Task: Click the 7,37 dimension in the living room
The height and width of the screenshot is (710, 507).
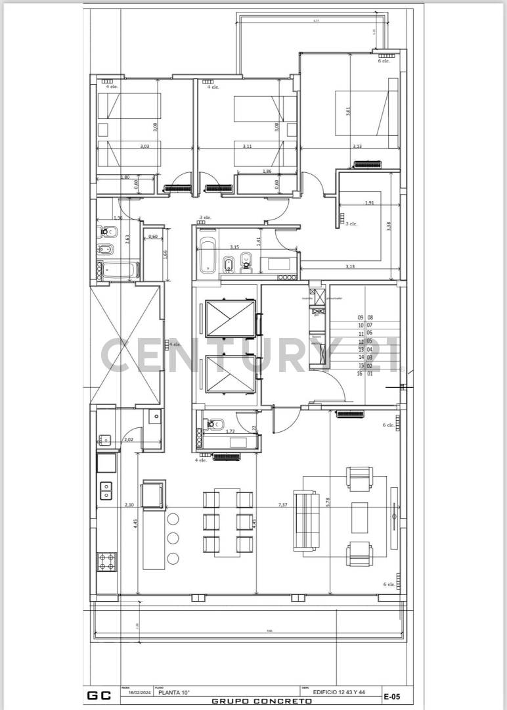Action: coord(283,504)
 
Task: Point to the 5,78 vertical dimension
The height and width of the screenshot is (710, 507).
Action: coord(327,502)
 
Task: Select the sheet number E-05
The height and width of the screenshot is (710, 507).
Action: coord(392,696)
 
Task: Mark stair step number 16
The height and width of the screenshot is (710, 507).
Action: coord(360,373)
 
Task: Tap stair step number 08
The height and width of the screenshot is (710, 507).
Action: coord(370,317)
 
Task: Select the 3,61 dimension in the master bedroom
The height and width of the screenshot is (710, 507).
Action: coord(348,112)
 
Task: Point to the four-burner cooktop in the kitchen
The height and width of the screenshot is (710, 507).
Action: coord(107,561)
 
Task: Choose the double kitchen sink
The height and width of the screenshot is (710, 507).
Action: coord(106,490)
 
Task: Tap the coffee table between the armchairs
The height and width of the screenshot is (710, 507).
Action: coord(359,517)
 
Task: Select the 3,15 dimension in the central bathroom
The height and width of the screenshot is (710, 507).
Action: coord(234,247)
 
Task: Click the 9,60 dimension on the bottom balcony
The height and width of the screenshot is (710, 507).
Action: coord(269,631)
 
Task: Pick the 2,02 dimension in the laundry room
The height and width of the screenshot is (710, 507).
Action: coord(129,439)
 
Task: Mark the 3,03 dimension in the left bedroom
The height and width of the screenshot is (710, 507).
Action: coord(144,147)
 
